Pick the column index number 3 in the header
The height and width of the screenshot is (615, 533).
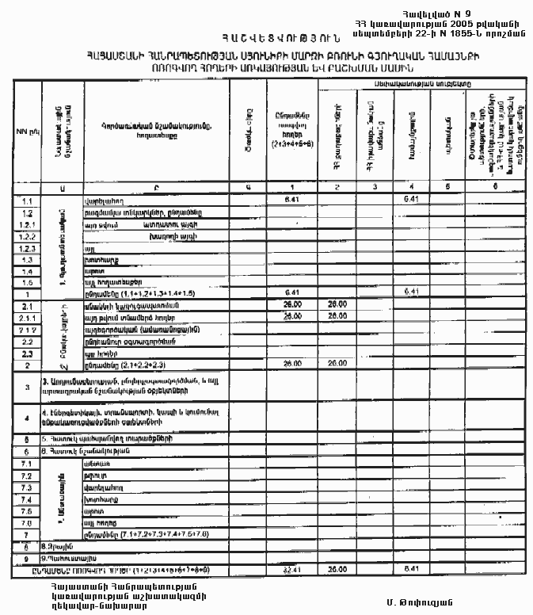click(x=371, y=187)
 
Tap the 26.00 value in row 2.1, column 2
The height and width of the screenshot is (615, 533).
click(x=337, y=304)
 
